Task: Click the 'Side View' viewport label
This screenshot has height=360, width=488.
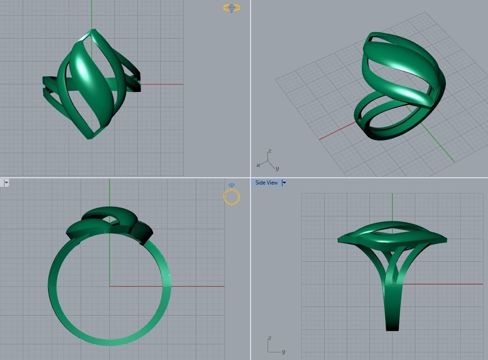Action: pyautogui.click(x=266, y=183)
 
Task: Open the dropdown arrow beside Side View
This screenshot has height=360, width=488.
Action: pyautogui.click(x=284, y=183)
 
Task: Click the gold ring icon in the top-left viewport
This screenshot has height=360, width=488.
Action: pyautogui.click(x=231, y=8)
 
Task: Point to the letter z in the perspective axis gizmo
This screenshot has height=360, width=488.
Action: pyautogui.click(x=269, y=151)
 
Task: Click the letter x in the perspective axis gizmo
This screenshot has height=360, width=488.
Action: pyautogui.click(x=258, y=165)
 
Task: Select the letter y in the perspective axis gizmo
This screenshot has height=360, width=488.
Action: pyautogui.click(x=277, y=169)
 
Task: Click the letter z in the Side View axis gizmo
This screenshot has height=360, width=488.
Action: pyautogui.click(x=269, y=338)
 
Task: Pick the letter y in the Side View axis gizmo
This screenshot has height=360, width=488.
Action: pyautogui.click(x=284, y=351)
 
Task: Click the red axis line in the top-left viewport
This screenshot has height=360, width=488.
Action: pyautogui.click(x=162, y=84)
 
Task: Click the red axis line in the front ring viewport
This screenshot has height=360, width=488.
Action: pyautogui.click(x=198, y=286)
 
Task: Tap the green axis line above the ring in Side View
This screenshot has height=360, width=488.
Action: pyautogui.click(x=392, y=206)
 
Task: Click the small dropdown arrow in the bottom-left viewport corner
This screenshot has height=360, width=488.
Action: pyautogui.click(x=5, y=183)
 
